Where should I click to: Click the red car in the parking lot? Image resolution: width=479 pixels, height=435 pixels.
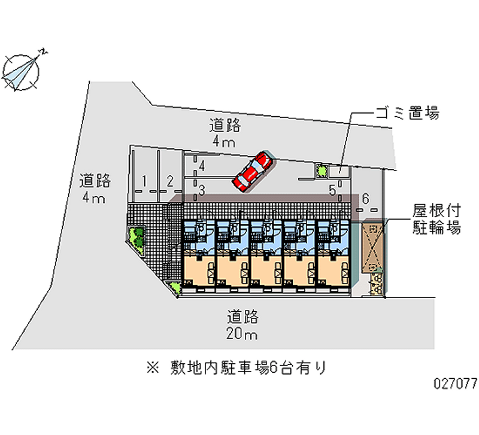[253, 172]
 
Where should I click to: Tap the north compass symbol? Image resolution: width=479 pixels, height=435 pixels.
[21, 72]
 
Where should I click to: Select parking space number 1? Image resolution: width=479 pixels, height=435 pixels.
[144, 181]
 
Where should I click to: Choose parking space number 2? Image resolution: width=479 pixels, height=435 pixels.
[170, 181]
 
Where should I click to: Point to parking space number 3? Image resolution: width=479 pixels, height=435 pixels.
[202, 190]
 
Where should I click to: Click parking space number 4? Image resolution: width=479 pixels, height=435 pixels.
[202, 166]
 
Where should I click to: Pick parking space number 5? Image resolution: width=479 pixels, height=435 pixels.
[332, 190]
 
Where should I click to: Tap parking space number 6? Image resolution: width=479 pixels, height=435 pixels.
[365, 199]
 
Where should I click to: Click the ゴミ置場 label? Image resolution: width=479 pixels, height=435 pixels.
[408, 113]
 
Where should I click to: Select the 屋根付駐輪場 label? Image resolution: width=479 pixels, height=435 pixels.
[436, 220]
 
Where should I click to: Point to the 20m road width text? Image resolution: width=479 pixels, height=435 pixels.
[242, 334]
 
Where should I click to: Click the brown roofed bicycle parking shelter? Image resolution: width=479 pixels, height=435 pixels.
[372, 248]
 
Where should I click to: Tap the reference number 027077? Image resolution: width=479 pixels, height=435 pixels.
[455, 384]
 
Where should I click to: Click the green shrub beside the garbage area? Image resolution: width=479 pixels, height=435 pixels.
[321, 171]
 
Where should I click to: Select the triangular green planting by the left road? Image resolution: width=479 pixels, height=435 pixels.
[137, 239]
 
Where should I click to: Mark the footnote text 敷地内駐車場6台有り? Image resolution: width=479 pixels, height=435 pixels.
[248, 367]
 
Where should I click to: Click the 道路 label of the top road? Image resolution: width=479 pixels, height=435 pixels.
[225, 126]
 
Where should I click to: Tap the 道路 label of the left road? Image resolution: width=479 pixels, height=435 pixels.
[95, 181]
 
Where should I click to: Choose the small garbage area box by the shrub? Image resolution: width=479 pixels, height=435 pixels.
[338, 171]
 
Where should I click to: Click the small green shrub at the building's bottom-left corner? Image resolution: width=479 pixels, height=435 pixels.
[175, 288]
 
